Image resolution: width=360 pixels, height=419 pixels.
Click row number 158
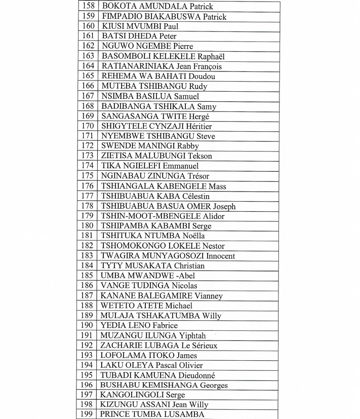point(88,7)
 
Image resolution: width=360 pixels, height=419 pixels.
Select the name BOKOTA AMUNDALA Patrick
point(157,7)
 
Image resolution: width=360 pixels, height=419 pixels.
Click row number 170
point(88,126)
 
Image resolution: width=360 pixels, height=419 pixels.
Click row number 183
point(88,256)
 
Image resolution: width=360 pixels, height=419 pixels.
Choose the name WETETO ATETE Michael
point(147,306)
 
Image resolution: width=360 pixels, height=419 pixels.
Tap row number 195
point(88,375)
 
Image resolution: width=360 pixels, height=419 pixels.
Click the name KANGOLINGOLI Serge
point(143,395)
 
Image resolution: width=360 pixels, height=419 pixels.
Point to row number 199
point(88,415)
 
